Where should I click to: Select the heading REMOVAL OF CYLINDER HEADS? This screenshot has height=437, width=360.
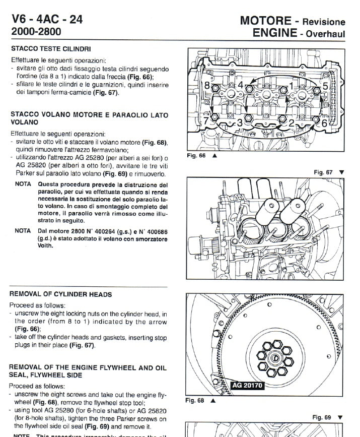[x=61, y=294]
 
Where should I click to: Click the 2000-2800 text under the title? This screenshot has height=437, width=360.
[x=36, y=32]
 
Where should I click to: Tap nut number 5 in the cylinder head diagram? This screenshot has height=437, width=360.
[x=325, y=86]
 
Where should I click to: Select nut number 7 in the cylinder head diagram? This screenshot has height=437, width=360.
[x=205, y=121]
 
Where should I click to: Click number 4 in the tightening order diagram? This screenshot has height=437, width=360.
[x=241, y=84]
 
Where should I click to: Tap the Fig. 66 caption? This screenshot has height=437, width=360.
[x=196, y=156]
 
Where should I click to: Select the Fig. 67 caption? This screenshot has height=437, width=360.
[x=323, y=172]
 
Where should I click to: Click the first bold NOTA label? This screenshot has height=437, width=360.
[x=23, y=184]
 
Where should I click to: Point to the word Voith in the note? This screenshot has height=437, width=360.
[x=46, y=246]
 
